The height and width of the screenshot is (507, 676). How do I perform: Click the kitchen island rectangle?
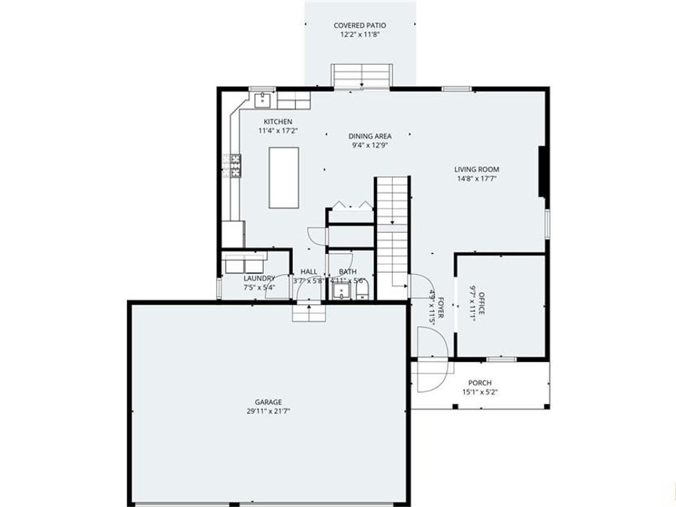coord(284,177)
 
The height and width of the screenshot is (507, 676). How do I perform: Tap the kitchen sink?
coord(264,98)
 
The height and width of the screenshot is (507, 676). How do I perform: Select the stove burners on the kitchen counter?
coord(231,165)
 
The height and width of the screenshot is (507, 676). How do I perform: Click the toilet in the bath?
coord(361,290)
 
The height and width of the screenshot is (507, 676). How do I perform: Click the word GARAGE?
coord(268,402)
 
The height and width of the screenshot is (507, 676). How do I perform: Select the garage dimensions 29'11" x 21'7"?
coord(268,412)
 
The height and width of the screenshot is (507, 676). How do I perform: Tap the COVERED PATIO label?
coord(361,26)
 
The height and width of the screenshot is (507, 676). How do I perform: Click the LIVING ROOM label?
coord(476,170)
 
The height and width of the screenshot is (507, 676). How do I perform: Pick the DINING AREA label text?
coord(370,136)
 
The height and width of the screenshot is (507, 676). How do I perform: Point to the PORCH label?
coord(479,382)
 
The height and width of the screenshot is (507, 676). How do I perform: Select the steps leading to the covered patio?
coord(362,76)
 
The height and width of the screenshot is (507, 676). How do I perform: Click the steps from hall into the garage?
coord(309,311)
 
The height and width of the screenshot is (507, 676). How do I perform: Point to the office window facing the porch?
coord(501,359)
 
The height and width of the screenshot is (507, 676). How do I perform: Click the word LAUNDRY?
coord(259,278)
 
